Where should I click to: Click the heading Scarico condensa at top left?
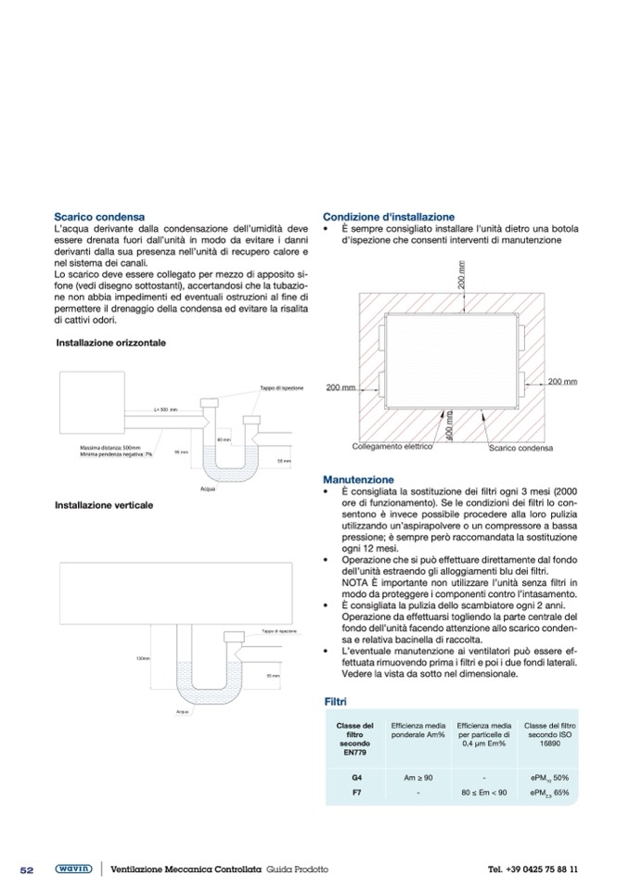[99, 216]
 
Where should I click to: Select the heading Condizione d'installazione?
[389, 216]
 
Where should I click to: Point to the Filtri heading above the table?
[335, 703]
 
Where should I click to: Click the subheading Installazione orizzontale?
[111, 342]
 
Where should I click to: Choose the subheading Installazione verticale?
[104, 505]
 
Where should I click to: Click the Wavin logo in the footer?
[71, 869]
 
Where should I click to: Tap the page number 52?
[27, 870]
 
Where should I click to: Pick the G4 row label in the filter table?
[356, 777]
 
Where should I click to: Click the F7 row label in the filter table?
[356, 794]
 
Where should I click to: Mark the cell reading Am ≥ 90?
[418, 777]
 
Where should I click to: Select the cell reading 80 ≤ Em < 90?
[484, 794]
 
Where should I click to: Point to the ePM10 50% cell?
[549, 777]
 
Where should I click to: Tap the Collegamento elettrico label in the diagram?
[392, 446]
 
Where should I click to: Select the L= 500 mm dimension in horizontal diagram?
[165, 409]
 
